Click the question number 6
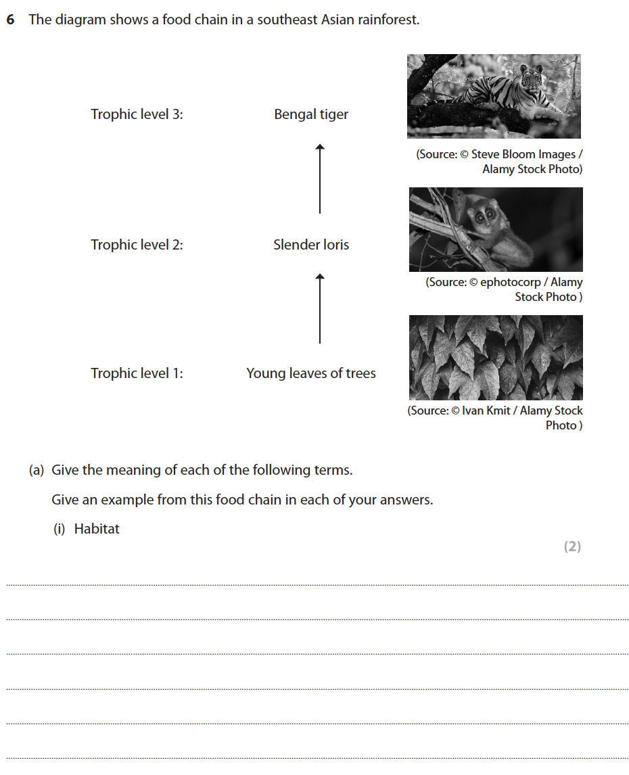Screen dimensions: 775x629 (x=10, y=20)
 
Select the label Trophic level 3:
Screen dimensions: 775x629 (x=137, y=114)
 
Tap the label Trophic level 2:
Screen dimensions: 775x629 (x=137, y=245)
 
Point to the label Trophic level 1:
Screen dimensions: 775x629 (x=137, y=373)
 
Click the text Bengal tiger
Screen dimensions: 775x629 (x=311, y=114)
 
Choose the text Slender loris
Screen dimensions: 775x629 (x=311, y=245)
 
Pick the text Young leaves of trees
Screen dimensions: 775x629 (x=311, y=373)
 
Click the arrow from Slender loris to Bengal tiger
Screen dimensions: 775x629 (x=320, y=179)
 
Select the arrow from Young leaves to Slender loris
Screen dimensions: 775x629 (x=320, y=308)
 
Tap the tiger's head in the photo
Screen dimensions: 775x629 (x=532, y=79)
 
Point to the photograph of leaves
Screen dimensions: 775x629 (x=496, y=358)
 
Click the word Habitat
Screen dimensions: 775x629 (x=97, y=529)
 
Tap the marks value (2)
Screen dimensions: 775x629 (x=572, y=546)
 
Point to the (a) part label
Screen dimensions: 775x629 (x=37, y=470)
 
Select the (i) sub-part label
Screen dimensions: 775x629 (x=60, y=529)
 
